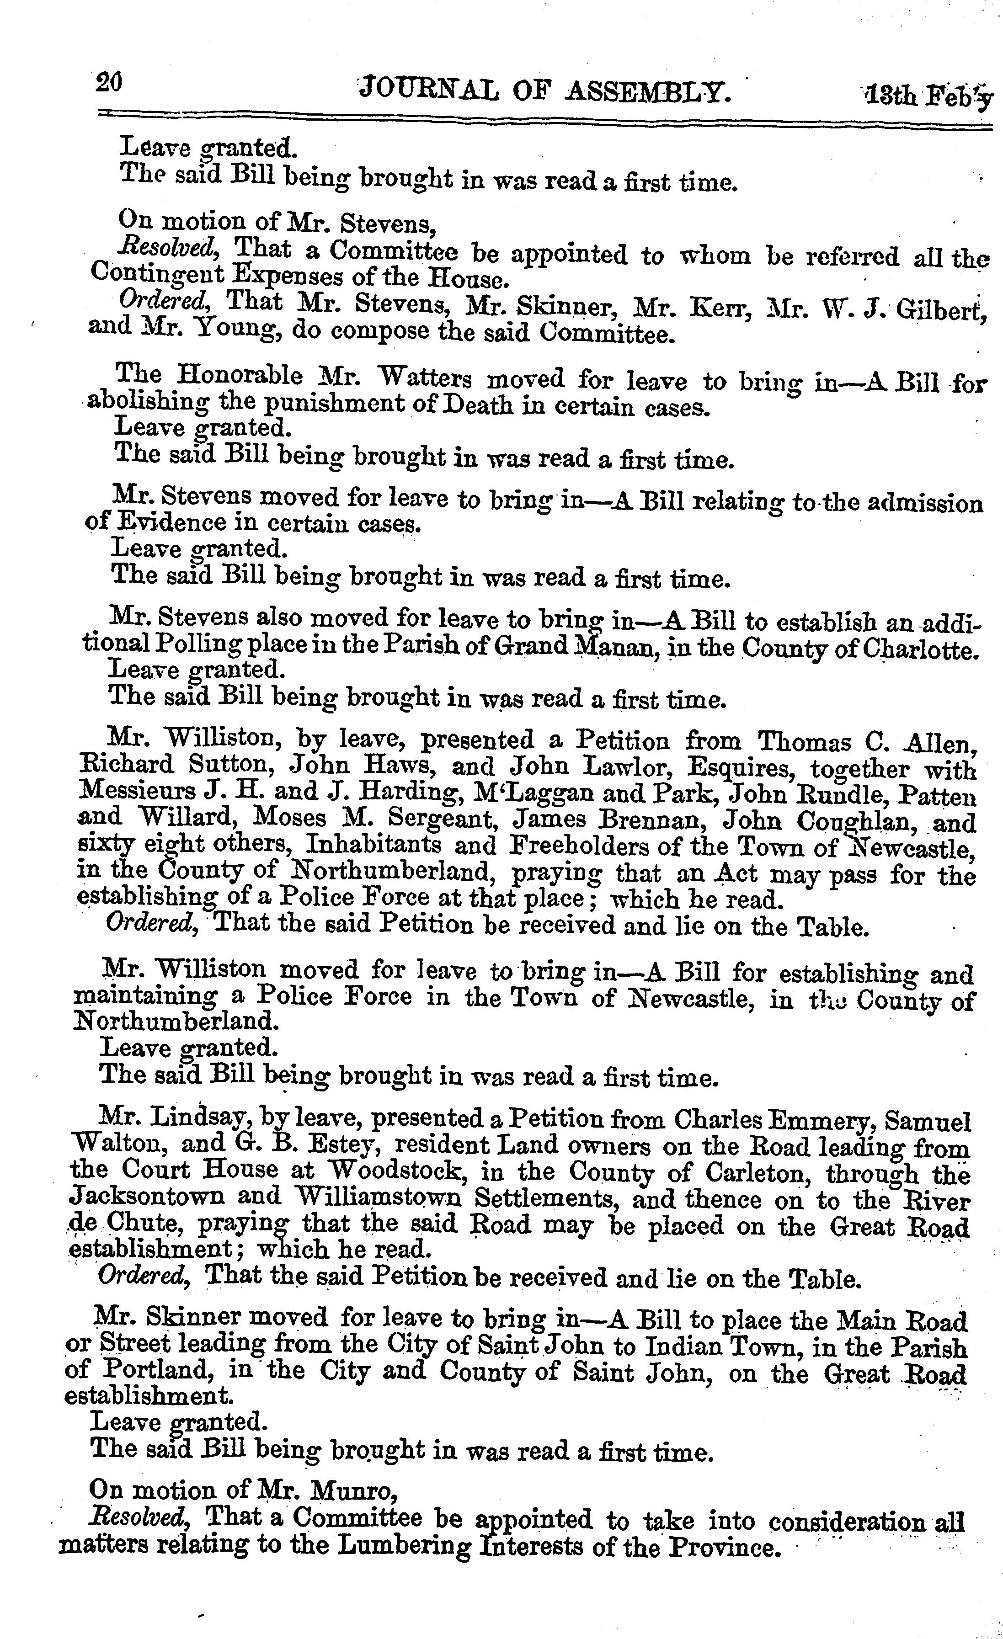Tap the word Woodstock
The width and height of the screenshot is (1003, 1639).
[x=421, y=1170]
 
